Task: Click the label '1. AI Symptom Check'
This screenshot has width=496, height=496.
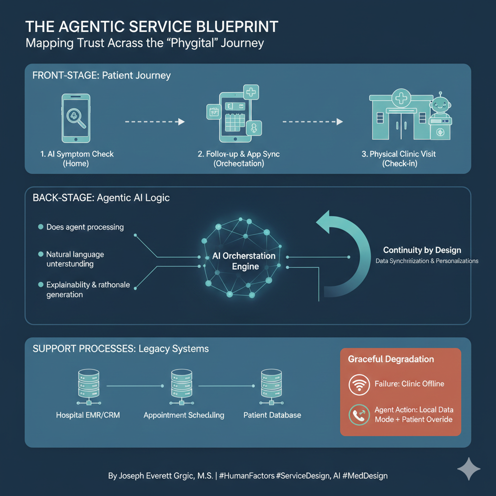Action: click(x=77, y=154)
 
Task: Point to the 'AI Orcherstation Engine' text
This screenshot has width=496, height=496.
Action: click(x=244, y=261)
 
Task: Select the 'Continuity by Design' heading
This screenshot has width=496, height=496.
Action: click(x=422, y=250)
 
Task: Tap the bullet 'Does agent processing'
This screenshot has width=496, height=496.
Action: click(x=85, y=227)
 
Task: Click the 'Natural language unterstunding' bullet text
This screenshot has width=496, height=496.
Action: click(x=75, y=259)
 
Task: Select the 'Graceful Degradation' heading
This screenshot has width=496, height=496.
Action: click(x=391, y=359)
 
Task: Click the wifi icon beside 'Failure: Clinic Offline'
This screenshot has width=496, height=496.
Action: click(x=359, y=384)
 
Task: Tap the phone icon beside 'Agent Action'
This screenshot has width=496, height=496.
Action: click(x=359, y=415)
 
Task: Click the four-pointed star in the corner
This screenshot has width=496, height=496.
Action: click(x=468, y=469)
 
